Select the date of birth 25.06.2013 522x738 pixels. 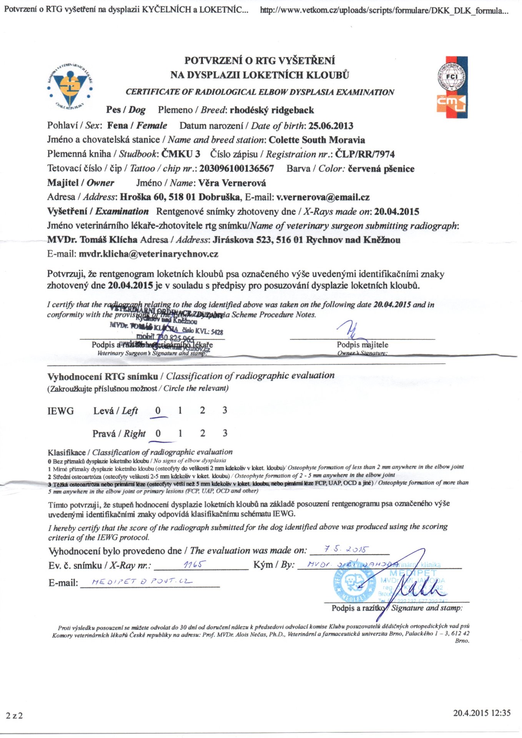click(331, 126)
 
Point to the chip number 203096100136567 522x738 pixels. click(236, 168)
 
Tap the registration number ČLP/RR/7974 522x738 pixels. click(365, 154)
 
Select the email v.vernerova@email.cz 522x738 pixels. click(323, 197)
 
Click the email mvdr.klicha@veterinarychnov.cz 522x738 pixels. click(148, 254)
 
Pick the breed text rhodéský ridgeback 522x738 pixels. click(272, 110)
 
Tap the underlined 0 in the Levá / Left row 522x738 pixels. click(158, 411)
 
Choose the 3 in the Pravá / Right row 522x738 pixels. click(225, 433)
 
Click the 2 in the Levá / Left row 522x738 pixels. click(203, 410)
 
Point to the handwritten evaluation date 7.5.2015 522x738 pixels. click(346, 549)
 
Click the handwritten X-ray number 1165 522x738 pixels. click(195, 564)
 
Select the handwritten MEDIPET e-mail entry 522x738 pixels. click(141, 582)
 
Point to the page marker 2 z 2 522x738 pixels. click(14, 715)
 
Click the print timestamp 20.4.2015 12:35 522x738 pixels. click(482, 713)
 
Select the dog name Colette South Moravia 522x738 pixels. click(317, 140)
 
